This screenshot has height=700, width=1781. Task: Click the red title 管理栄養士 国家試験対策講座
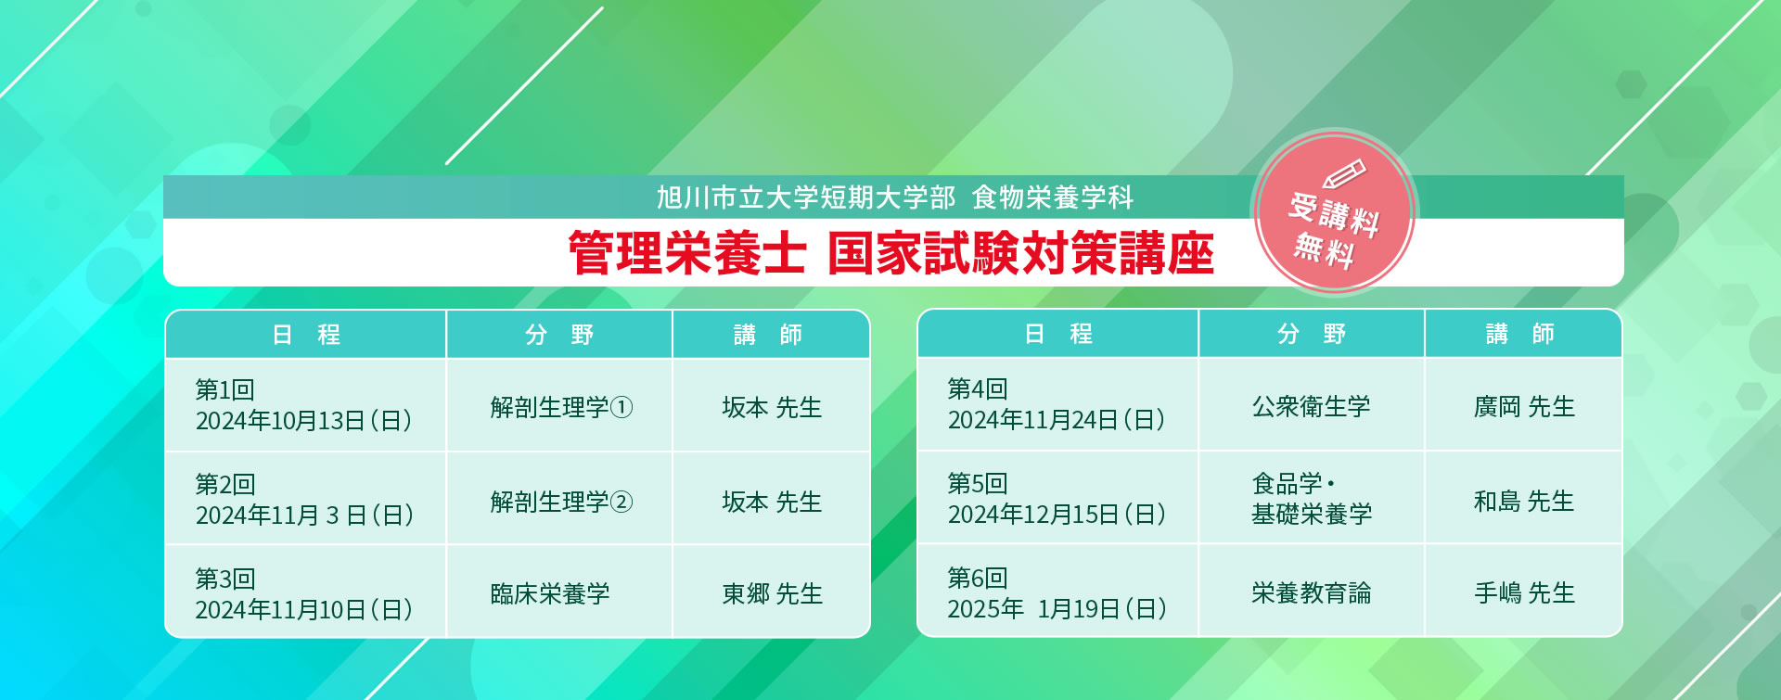(x=890, y=253)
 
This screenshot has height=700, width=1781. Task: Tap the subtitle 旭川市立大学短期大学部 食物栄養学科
(x=895, y=197)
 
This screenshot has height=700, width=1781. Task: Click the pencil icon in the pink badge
(x=1344, y=174)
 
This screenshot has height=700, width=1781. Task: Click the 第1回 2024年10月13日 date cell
(x=305, y=405)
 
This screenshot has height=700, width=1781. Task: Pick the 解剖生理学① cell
(x=559, y=405)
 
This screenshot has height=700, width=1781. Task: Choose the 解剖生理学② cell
(x=559, y=499)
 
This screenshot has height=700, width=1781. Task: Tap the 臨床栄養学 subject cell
(x=559, y=592)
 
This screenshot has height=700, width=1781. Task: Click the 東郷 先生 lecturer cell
(x=772, y=592)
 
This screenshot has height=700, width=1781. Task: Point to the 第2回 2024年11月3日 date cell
(x=305, y=499)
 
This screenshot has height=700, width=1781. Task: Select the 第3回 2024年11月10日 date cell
(x=305, y=592)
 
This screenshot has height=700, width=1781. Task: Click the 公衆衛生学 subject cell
(x=1311, y=404)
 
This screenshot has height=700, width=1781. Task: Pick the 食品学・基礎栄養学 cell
(x=1311, y=498)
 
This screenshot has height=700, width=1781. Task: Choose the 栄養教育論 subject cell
(x=1311, y=591)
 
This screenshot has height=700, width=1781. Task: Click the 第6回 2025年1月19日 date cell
(x=1057, y=591)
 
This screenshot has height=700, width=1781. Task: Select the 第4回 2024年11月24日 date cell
(x=1057, y=404)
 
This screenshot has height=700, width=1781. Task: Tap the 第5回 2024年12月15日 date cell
(x=1057, y=498)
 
